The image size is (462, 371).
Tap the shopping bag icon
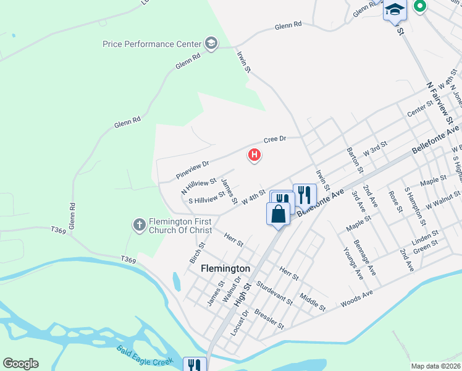tap(279, 214)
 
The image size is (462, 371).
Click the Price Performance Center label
tap(152, 44)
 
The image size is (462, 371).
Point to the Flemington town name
tap(226, 269)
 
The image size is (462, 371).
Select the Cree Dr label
tap(275, 139)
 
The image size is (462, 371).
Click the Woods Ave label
tap(357, 298)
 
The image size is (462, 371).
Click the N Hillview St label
tap(198, 185)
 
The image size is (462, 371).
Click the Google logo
tap(20, 364)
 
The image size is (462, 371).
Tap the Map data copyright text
tap(436, 366)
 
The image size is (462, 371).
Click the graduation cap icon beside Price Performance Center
tap(211, 44)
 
